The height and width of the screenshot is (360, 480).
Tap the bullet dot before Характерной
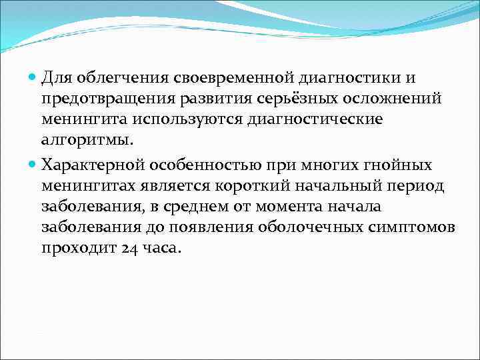click(x=33, y=164)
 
